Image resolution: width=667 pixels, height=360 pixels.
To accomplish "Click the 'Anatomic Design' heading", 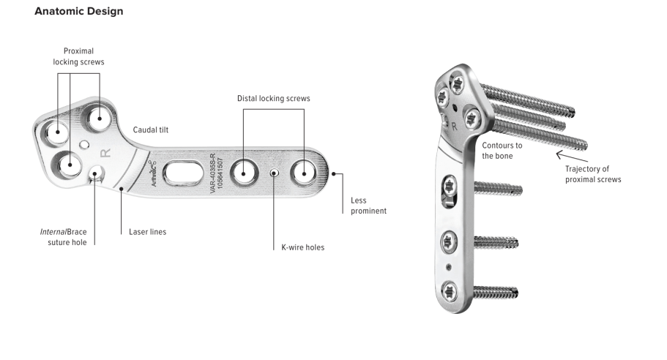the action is (78, 11).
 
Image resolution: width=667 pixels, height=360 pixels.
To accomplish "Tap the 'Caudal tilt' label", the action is (151, 130).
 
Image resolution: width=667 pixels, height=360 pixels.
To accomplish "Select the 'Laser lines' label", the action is (148, 232).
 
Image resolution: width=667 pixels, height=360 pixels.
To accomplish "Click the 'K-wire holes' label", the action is (303, 247).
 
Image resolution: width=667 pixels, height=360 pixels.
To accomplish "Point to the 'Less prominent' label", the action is (368, 206).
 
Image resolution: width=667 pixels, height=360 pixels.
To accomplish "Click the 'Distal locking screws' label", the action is (274, 98).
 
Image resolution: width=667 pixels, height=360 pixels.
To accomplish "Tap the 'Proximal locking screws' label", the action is (78, 56).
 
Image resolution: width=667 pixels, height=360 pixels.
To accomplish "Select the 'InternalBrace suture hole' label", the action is (64, 237).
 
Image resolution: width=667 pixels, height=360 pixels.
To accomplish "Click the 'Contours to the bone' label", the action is (502, 151).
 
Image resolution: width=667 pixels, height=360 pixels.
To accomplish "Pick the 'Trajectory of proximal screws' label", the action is (593, 174).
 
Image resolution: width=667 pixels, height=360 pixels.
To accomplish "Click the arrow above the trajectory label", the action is (572, 156).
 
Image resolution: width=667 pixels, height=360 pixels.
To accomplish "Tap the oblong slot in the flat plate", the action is (183, 173).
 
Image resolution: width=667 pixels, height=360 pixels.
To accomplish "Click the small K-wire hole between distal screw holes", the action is (275, 173).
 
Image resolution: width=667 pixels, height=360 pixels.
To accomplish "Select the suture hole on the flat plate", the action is (96, 173).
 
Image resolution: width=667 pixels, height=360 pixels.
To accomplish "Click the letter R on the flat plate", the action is (105, 153).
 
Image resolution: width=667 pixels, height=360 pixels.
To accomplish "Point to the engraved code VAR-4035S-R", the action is (212, 173).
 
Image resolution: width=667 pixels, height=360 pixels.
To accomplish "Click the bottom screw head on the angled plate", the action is (450, 292).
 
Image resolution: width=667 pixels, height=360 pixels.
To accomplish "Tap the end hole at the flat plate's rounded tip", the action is (304, 173).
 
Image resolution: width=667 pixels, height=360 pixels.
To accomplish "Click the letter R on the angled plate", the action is (455, 127).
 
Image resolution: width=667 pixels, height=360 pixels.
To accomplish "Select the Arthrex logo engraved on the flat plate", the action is (153, 173).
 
